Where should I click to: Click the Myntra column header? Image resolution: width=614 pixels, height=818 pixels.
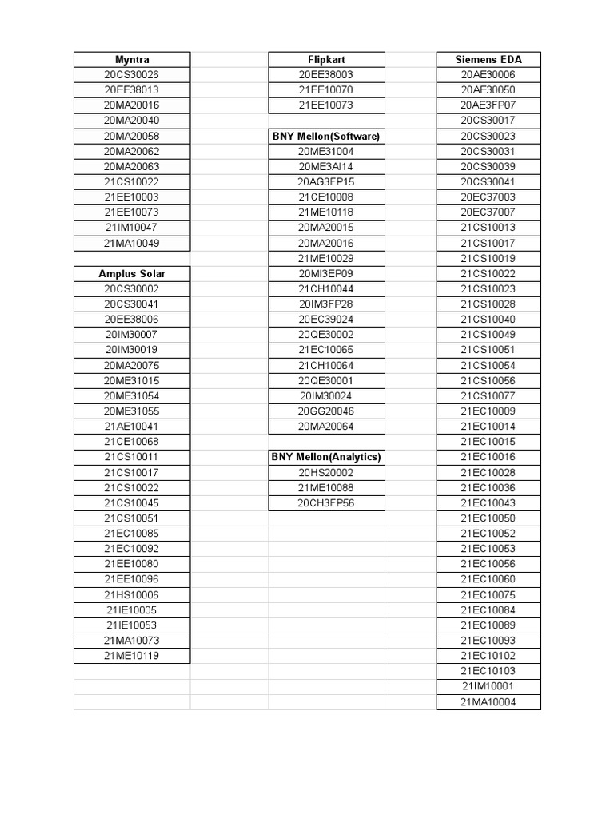click(x=132, y=59)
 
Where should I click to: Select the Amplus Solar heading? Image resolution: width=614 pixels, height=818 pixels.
click(x=132, y=273)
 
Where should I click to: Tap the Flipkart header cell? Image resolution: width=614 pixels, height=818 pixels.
click(x=326, y=59)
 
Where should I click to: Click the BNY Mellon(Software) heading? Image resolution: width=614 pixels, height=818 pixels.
click(x=326, y=136)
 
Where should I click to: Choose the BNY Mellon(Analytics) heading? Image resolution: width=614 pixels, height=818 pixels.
click(x=326, y=457)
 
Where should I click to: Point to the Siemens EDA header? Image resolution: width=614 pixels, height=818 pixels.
click(x=488, y=59)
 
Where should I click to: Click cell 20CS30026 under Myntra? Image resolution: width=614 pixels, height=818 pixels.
click(x=132, y=74)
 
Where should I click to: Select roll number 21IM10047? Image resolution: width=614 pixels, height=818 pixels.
click(x=132, y=228)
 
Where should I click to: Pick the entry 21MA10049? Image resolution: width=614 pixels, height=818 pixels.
click(x=132, y=243)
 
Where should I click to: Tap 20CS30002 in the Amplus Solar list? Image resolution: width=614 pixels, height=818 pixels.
click(x=132, y=288)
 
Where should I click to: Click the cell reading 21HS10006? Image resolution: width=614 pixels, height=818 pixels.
click(x=132, y=594)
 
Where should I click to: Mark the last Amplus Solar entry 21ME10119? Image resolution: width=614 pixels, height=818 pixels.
click(x=132, y=656)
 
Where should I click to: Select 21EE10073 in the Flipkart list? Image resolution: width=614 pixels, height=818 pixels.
click(x=326, y=105)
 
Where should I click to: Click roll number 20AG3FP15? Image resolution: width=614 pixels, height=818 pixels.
click(x=326, y=181)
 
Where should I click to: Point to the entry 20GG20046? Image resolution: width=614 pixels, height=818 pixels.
click(x=326, y=411)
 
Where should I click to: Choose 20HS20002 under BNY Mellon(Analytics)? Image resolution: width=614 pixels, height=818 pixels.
click(x=326, y=472)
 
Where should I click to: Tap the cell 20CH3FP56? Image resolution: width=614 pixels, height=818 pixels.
click(x=326, y=502)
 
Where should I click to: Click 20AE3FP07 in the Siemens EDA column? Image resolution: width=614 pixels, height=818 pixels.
click(x=488, y=105)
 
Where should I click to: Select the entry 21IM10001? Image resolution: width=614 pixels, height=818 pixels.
click(x=488, y=686)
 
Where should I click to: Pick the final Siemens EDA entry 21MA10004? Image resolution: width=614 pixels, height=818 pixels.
click(x=488, y=702)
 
